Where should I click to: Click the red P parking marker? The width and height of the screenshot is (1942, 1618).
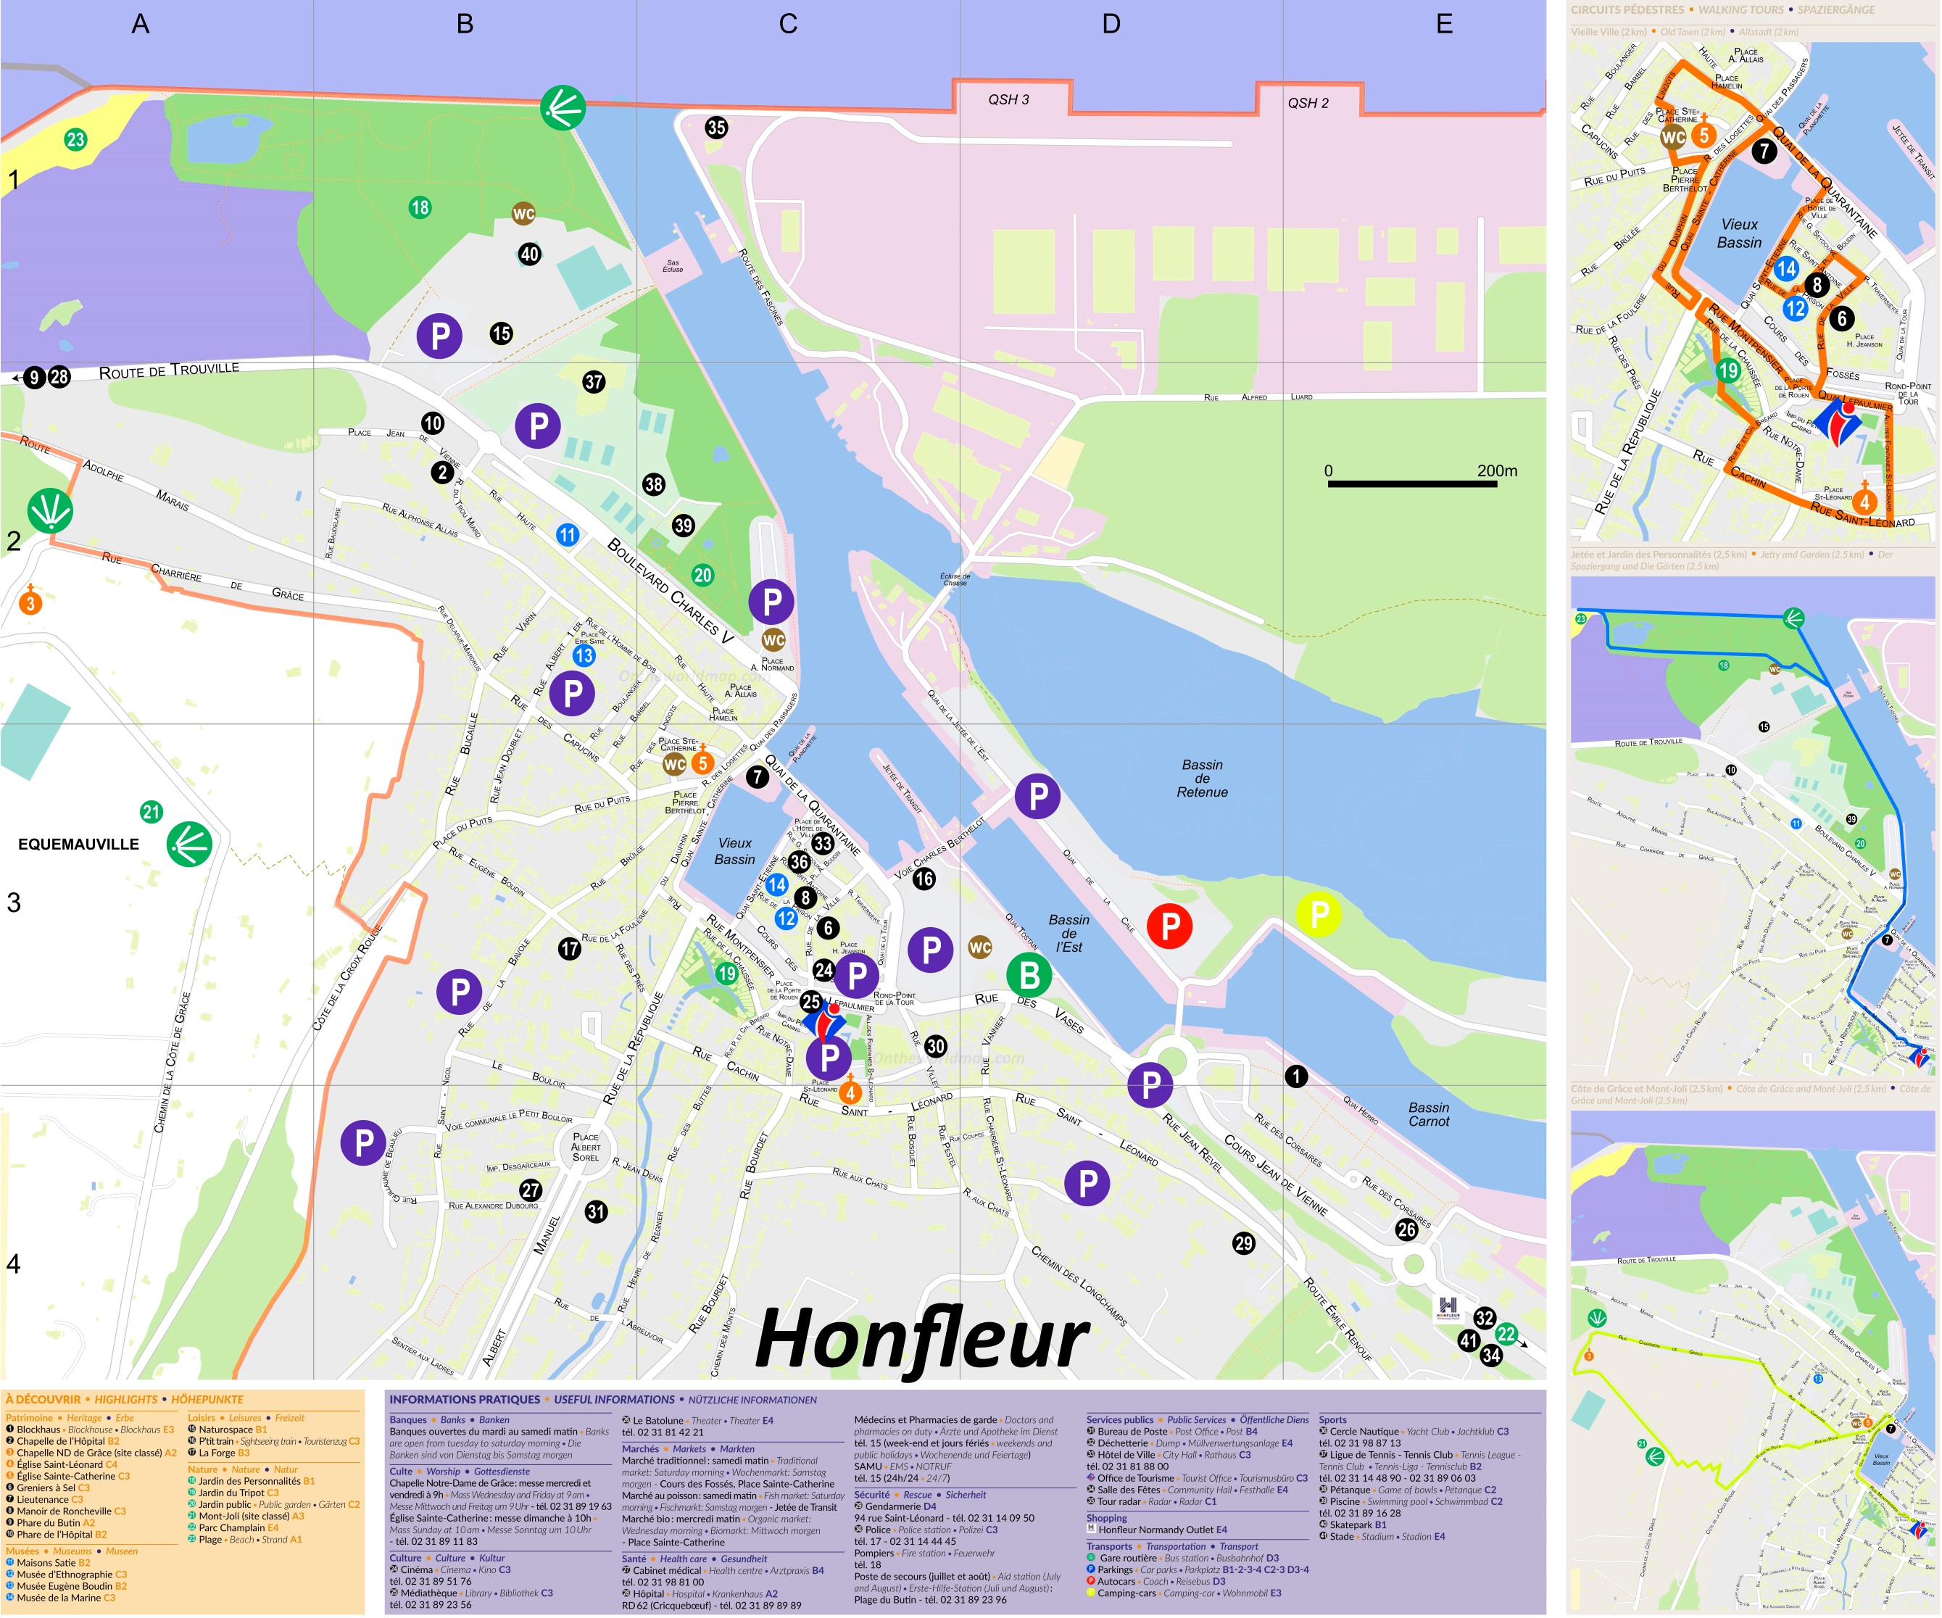click(1170, 926)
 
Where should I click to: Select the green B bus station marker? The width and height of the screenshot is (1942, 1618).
click(1029, 974)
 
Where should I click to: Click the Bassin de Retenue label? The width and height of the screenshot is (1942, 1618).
click(1202, 779)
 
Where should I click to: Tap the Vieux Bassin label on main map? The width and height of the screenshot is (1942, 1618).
click(734, 850)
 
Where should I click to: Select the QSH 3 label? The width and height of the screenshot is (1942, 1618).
click(1008, 100)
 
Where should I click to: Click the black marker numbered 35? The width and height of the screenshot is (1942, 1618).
click(715, 128)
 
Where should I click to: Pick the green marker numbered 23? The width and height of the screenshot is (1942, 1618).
click(75, 140)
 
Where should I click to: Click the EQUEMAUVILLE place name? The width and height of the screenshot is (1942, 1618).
click(78, 844)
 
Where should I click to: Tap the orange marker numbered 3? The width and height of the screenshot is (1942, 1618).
click(30, 604)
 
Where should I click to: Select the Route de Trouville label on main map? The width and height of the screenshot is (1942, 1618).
click(169, 370)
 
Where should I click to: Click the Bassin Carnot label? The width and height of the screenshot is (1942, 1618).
click(1429, 1114)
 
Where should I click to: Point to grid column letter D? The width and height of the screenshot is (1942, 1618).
click(1111, 24)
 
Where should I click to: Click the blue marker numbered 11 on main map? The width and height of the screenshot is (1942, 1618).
click(567, 534)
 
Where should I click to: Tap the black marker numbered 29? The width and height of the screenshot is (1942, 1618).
click(1244, 1243)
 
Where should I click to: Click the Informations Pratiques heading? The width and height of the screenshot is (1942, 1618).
click(464, 1400)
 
